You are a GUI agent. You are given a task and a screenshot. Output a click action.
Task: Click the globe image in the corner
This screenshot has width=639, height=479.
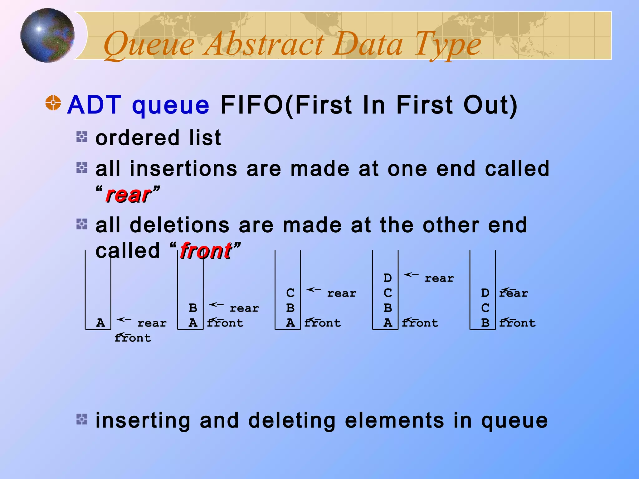47,35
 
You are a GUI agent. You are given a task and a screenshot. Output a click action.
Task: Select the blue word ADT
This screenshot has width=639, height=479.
94,105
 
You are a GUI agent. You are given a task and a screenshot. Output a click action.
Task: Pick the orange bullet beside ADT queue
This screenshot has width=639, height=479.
53,103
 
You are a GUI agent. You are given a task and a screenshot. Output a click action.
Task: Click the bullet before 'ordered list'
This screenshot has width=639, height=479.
82,137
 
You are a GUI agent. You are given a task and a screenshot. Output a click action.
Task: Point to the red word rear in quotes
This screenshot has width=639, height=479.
128,195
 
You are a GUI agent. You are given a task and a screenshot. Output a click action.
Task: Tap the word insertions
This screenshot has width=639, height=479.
183,169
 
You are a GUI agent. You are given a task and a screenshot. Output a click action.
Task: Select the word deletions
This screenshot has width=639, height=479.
179,225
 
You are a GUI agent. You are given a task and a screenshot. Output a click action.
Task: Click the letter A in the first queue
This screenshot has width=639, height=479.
100,323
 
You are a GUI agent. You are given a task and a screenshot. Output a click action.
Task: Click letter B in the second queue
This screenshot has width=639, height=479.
193,308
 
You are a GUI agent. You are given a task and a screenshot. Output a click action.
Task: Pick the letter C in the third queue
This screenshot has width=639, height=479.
290,293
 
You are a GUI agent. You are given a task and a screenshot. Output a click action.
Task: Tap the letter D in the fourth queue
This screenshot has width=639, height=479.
388,278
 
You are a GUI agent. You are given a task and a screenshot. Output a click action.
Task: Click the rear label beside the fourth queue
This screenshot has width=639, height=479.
439,278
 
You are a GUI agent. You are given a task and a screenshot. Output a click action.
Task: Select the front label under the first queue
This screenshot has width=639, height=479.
133,338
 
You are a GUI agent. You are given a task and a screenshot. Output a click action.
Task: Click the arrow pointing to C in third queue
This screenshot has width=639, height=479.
314,290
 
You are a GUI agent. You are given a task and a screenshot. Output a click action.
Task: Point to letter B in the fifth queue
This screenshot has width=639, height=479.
485,323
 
